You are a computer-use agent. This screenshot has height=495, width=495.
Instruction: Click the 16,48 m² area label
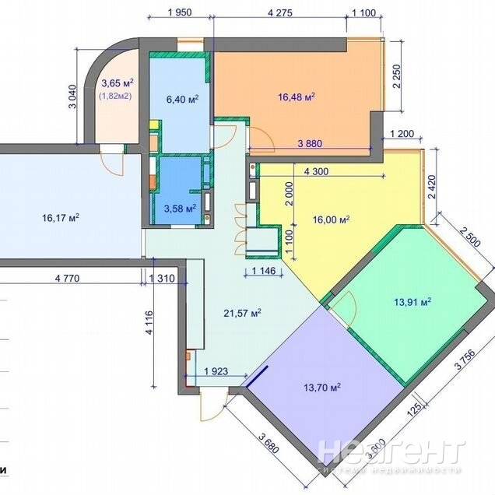point(297,97)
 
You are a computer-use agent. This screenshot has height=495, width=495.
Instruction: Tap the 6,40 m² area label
point(182,100)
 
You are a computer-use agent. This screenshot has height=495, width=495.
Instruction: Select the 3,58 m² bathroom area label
point(180,209)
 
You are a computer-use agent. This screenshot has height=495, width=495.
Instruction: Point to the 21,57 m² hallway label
point(243,313)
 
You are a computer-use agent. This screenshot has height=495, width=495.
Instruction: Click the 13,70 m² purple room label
point(322,387)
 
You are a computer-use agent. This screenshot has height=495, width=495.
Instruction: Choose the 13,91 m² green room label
point(412,302)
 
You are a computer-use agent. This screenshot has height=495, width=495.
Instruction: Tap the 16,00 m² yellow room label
point(331,219)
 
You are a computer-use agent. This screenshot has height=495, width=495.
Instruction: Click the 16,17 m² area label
point(61,218)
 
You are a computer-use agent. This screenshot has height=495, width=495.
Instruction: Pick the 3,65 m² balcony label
point(117,83)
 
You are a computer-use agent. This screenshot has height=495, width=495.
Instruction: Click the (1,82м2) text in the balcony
point(115,96)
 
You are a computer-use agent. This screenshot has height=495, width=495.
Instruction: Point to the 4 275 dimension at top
point(279,12)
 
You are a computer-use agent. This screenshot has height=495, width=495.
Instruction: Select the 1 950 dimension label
point(180,12)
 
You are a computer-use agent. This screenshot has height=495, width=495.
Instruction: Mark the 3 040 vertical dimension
point(72,97)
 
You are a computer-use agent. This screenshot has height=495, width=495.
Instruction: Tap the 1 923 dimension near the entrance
point(216,371)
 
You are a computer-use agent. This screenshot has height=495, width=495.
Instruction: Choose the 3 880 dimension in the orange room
point(310,144)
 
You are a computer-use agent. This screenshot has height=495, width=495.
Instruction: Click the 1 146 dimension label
point(264,271)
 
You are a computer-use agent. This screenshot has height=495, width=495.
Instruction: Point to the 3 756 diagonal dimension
point(464,357)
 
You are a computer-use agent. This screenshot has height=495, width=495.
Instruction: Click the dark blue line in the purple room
point(257,376)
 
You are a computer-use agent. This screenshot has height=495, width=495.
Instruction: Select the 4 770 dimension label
point(67,279)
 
